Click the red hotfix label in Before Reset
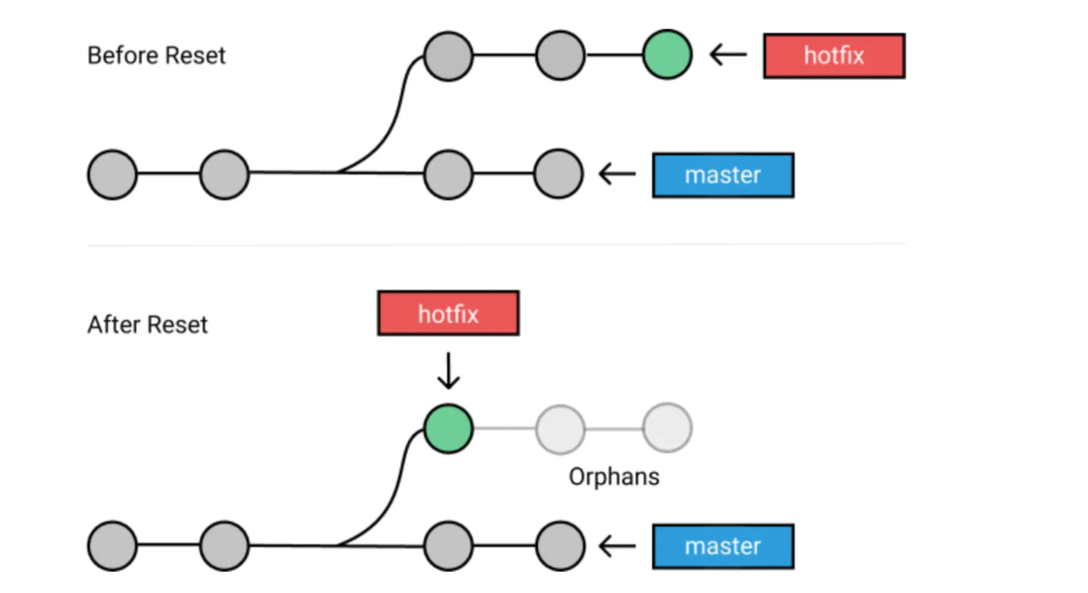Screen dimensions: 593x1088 (x=833, y=55)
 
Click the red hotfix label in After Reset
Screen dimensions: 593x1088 (x=448, y=315)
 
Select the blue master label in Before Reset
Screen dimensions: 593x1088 (x=723, y=175)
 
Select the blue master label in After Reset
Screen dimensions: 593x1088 (x=723, y=546)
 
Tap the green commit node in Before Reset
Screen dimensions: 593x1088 (x=667, y=55)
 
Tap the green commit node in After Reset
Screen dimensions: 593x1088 (x=449, y=428)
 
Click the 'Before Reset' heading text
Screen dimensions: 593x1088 (x=156, y=55)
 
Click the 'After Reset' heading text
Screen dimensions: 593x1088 (x=148, y=324)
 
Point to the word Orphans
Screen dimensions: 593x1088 (x=614, y=477)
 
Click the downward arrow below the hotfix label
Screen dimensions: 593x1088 (x=448, y=370)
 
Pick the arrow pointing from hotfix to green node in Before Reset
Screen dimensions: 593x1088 (x=729, y=55)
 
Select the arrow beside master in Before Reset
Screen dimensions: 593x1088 (x=618, y=175)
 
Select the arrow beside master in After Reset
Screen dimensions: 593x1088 (x=618, y=546)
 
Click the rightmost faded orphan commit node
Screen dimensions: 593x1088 (x=667, y=428)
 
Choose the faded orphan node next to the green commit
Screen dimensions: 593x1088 (x=561, y=428)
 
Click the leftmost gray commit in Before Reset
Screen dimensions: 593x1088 (x=112, y=175)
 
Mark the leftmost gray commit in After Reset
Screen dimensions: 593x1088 (x=112, y=546)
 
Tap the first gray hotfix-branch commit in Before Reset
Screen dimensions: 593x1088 (x=449, y=55)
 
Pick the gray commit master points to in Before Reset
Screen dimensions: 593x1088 (x=559, y=175)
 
